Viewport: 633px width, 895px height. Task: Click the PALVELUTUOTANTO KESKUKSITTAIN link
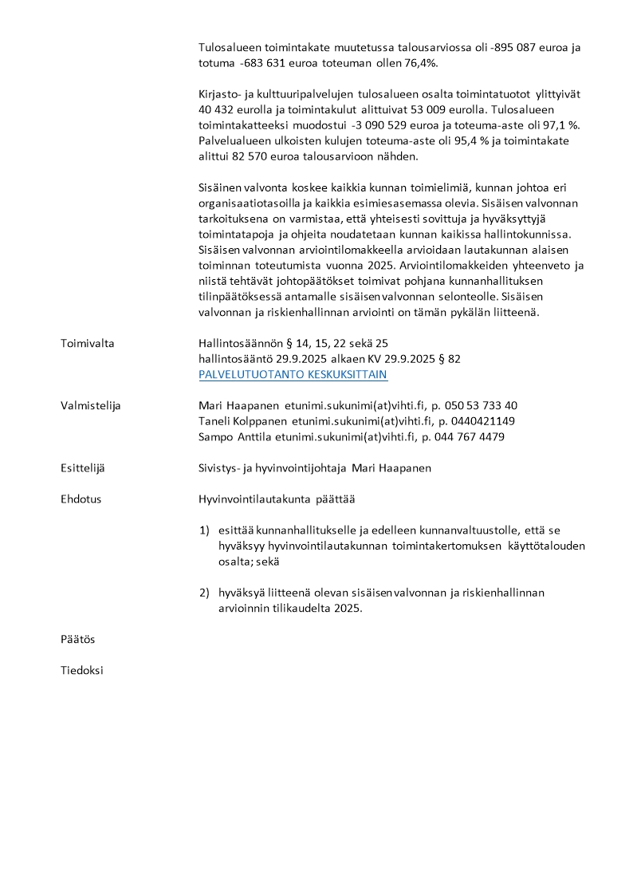pos(293,374)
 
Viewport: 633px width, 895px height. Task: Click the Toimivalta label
pos(88,343)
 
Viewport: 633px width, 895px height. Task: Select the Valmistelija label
pos(90,405)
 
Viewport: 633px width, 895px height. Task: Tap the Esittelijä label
pos(86,467)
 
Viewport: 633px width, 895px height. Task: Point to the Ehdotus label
pos(81,499)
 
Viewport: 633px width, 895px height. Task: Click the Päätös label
pos(78,639)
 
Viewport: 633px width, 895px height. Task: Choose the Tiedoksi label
pos(82,670)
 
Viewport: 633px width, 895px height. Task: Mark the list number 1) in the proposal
pos(204,530)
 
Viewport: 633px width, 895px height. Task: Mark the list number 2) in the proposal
pos(204,593)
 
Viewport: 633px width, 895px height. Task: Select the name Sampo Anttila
pos(234,436)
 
